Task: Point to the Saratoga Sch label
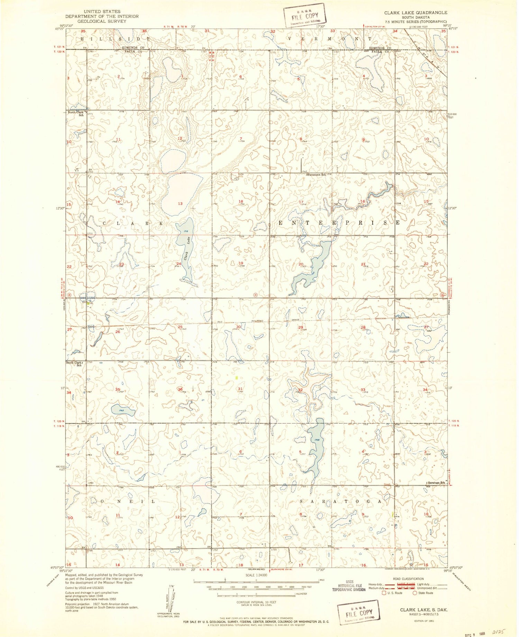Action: [436, 482]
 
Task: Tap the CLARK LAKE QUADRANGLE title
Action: [415, 12]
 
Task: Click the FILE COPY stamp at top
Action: [305, 16]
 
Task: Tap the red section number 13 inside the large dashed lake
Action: [180, 204]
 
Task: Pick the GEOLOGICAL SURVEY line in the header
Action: [97, 21]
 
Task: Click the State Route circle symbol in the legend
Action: [415, 593]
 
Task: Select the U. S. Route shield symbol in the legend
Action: [383, 593]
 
